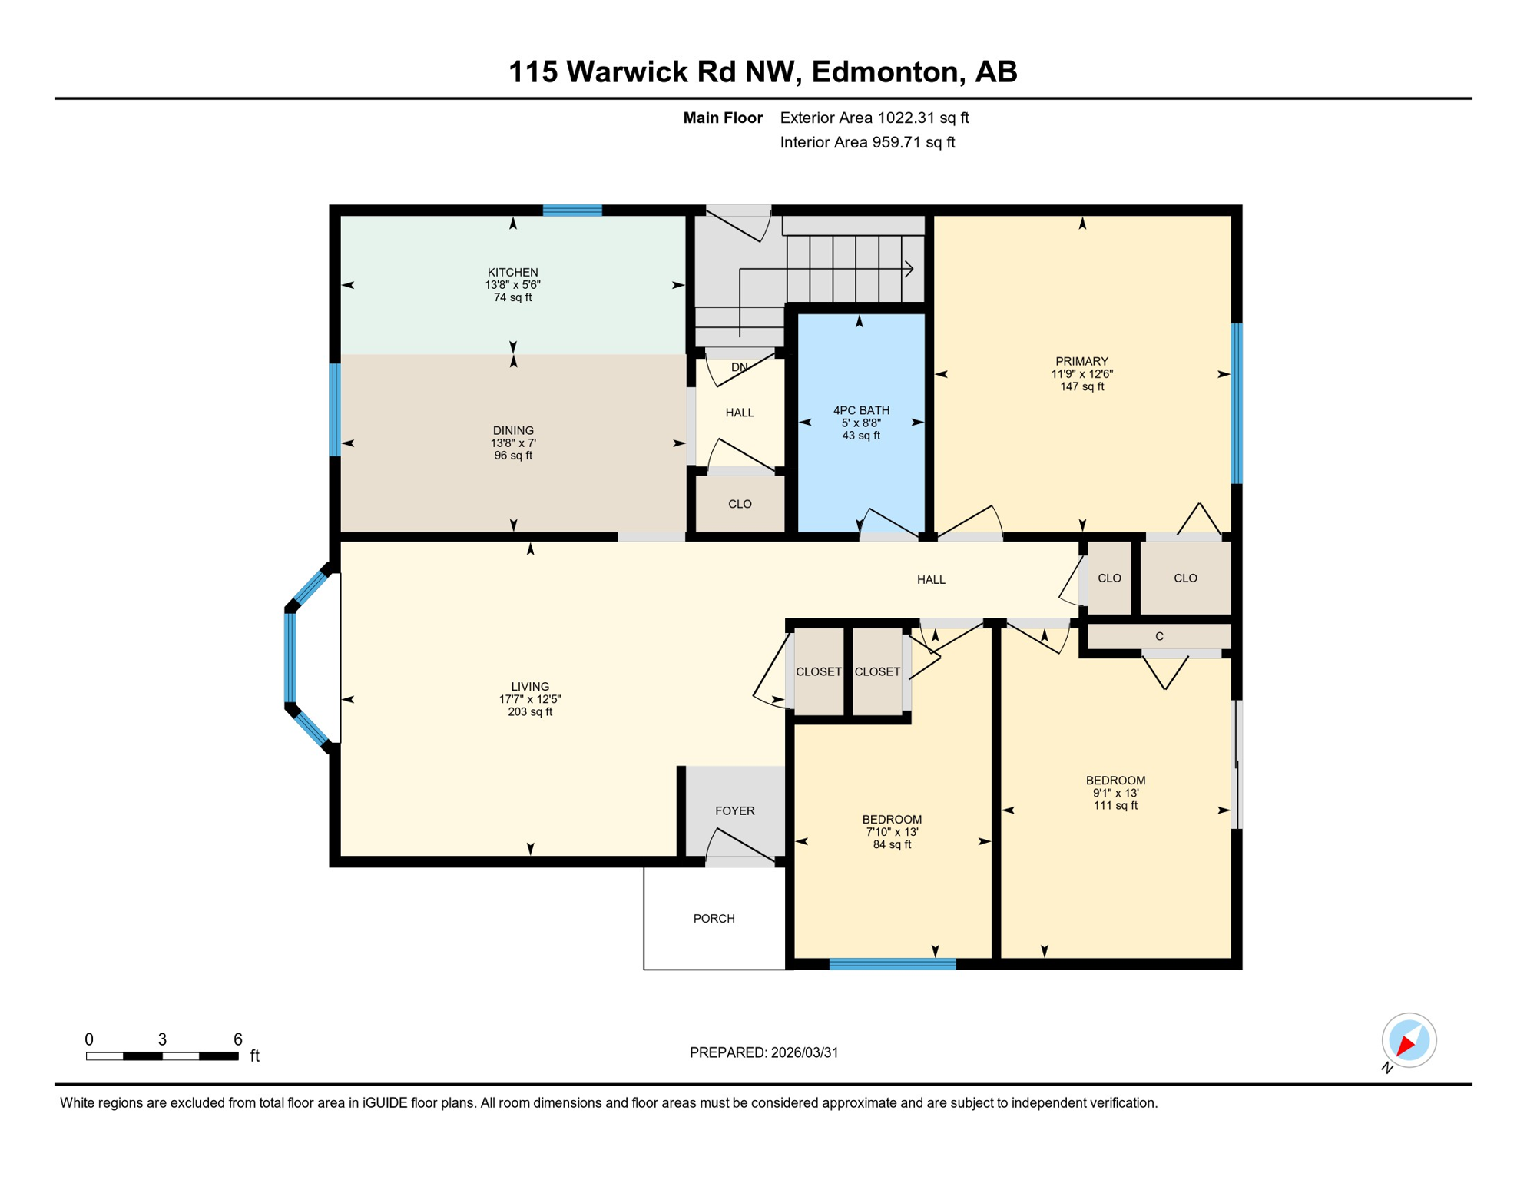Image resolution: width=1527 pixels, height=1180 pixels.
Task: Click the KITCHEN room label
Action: coord(512,273)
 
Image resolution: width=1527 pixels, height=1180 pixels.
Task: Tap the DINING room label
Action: coord(512,431)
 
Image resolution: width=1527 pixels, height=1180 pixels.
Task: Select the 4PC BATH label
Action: coord(861,410)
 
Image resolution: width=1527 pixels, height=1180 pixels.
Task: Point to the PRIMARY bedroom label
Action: coord(1081,362)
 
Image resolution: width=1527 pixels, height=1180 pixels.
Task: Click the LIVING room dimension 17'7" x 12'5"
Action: coord(530,700)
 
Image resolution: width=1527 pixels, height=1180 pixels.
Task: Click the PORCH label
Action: coord(714,919)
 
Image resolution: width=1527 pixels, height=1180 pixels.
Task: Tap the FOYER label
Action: coord(734,811)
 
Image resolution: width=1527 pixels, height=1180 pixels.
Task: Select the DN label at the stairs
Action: coord(739,368)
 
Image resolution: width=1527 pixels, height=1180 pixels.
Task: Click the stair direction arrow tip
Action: coord(912,269)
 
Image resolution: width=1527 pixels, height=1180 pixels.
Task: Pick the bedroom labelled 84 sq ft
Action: coord(892,832)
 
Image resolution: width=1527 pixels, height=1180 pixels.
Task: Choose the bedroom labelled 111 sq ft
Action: coord(1115,793)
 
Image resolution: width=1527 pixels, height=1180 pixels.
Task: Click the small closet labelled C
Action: coord(1159,637)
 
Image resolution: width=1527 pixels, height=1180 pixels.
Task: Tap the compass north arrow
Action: coord(1406,1045)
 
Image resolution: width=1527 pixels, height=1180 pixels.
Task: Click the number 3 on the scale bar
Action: coord(162,1039)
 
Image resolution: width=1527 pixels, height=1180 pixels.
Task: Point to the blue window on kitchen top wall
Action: coord(572,210)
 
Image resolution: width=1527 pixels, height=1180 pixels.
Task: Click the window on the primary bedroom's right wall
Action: coord(1237,403)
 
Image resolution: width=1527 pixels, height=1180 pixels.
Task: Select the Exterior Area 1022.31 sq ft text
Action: coord(874,118)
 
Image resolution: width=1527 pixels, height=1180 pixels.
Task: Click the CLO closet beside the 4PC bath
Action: coord(740,505)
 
